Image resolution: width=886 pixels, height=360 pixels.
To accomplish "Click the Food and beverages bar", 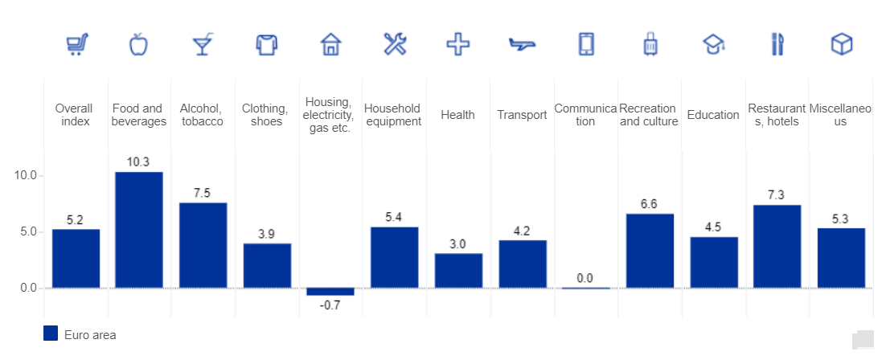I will (139, 230).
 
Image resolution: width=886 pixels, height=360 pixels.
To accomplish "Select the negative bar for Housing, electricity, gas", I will (330, 291).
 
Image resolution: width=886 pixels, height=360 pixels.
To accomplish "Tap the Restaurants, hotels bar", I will (777, 247).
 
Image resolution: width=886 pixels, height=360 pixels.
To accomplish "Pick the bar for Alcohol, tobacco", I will (203, 245).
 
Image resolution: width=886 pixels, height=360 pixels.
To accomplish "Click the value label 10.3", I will (139, 162).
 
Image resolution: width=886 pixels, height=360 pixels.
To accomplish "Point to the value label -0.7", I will (330, 305).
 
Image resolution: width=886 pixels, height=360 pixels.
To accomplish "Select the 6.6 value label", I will (650, 204).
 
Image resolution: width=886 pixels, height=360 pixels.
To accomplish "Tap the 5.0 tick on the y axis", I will (29, 231).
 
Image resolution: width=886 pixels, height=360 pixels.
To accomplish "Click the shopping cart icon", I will (76, 44).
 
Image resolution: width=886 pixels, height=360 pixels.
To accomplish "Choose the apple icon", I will (139, 44).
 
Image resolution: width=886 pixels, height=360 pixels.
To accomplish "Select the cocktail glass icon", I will (203, 44).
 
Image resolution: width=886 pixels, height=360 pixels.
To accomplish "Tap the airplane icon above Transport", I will (522, 44).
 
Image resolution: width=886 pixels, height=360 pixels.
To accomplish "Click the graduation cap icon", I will (713, 44).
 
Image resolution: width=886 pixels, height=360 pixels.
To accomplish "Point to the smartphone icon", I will (586, 44).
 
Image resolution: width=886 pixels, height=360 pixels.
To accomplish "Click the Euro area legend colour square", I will (51, 334).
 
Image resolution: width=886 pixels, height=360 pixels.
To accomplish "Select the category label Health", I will (457, 115).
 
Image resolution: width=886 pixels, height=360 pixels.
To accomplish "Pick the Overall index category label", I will (74, 115).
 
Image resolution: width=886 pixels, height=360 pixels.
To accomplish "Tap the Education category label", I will (713, 115).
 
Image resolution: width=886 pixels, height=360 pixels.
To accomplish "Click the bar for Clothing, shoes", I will (267, 265).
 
